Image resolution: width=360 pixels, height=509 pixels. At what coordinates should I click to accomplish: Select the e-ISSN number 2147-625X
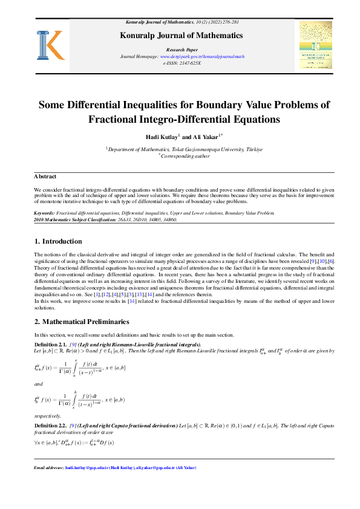[191, 62]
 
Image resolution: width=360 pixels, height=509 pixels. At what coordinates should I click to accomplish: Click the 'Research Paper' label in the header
[180, 49]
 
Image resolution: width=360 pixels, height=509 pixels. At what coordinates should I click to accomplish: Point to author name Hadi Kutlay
[161, 137]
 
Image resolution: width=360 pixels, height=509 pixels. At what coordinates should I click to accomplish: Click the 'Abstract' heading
[45, 177]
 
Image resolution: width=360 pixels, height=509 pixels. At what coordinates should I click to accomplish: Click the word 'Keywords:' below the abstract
[44, 213]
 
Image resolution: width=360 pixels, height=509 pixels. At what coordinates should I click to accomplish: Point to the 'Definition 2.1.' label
[50, 344]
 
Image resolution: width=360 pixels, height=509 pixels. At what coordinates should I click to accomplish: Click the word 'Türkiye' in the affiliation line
[252, 148]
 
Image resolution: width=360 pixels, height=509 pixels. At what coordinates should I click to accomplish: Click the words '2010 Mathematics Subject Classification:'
[75, 220]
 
